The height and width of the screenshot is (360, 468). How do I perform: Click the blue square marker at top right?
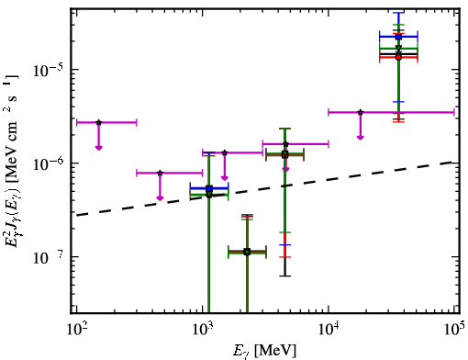pyautogui.click(x=398, y=37)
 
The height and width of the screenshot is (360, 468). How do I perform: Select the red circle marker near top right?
pyautogui.click(x=398, y=57)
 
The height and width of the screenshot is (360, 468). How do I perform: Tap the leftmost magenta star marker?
pyautogui.click(x=98, y=122)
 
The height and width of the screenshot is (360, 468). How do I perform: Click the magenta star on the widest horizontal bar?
pyautogui.click(x=361, y=112)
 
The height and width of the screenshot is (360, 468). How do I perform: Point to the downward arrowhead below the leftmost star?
pyautogui.click(x=98, y=148)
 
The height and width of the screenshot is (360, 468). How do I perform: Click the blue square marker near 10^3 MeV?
pyautogui.click(x=209, y=188)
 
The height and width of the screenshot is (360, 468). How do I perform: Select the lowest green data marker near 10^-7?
pyautogui.click(x=247, y=253)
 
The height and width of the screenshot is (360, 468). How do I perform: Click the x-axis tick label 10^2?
pyautogui.click(x=77, y=331)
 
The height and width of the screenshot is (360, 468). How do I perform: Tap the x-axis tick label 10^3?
pyautogui.click(x=204, y=331)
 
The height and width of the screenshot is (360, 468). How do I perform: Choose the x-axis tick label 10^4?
pyautogui.click(x=329, y=331)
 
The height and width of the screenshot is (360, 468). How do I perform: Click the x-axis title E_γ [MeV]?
pyautogui.click(x=264, y=351)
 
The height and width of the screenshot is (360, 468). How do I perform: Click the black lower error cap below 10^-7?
pyautogui.click(x=284, y=276)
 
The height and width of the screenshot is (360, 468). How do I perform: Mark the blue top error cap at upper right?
pyautogui.click(x=398, y=13)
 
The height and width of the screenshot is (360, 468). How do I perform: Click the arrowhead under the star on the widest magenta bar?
pyautogui.click(x=361, y=137)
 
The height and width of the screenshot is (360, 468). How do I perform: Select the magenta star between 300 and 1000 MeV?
pyautogui.click(x=160, y=173)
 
